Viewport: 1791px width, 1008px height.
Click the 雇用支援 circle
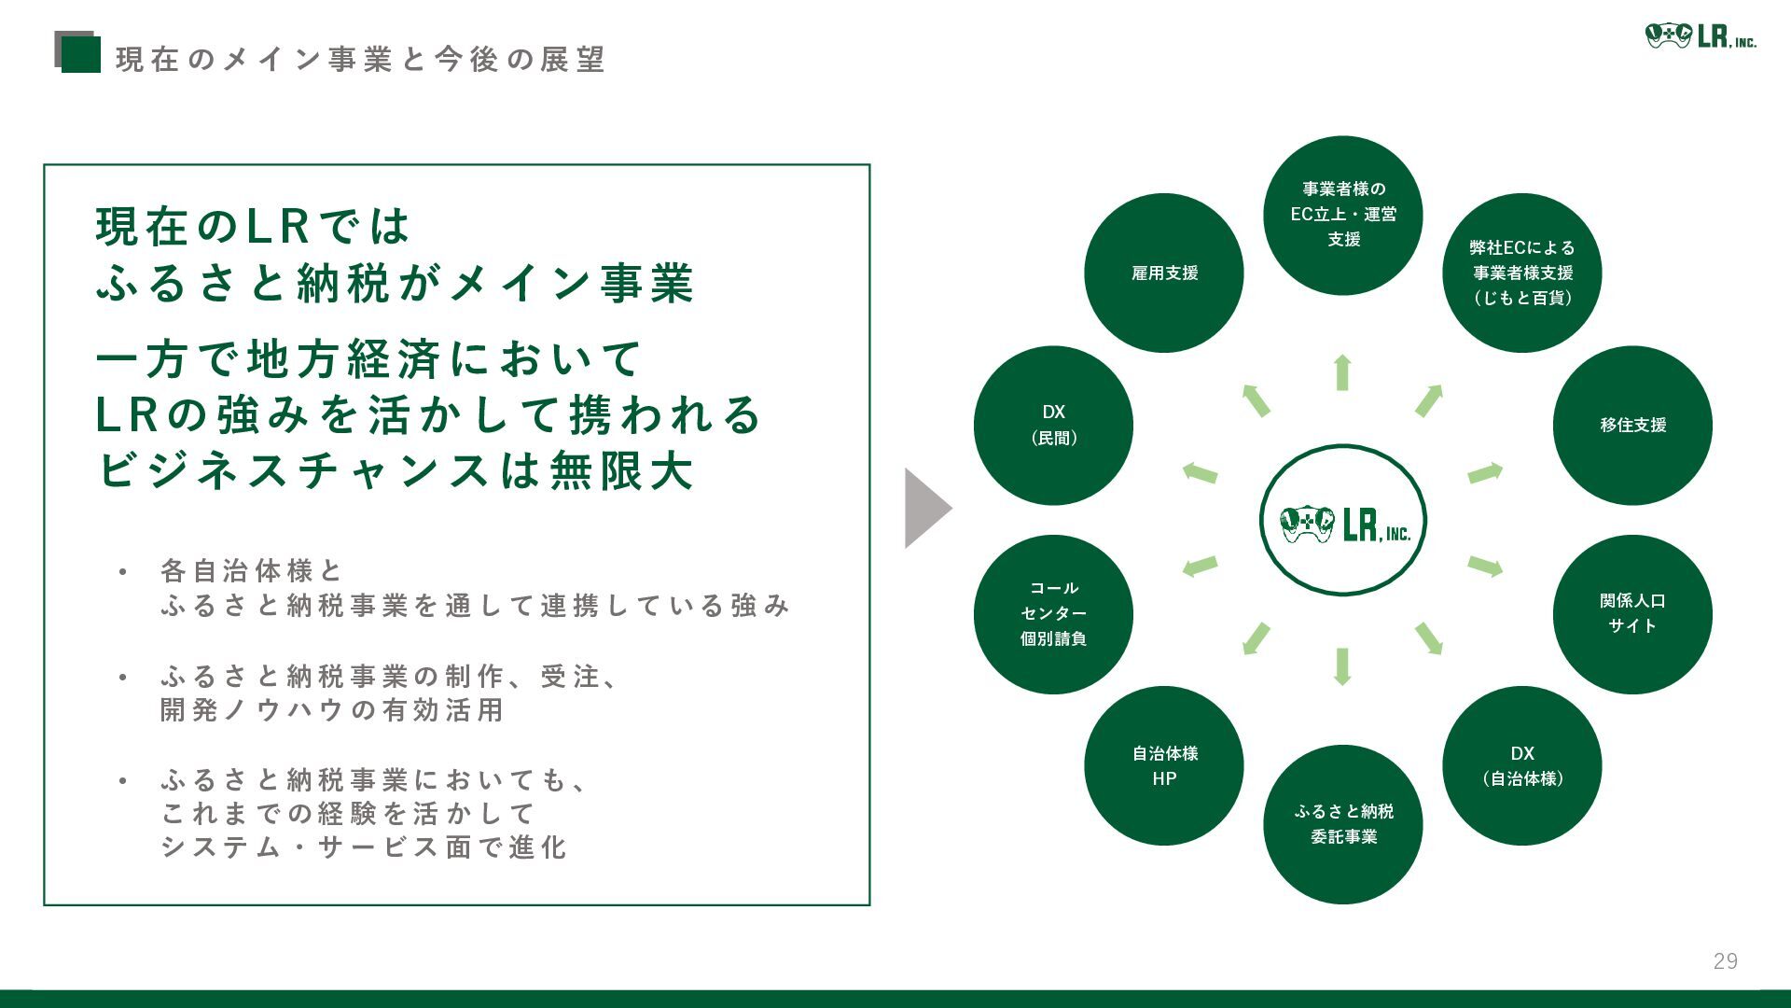click(1164, 273)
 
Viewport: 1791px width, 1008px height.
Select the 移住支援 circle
click(1632, 425)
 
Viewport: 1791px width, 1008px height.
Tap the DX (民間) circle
click(1053, 425)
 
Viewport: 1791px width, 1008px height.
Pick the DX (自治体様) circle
click(1521, 765)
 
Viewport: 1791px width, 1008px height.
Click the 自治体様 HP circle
click(1164, 765)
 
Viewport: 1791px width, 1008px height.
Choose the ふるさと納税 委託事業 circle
click(1343, 824)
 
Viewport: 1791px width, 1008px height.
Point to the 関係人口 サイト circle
click(1632, 614)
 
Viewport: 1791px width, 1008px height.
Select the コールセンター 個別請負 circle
click(1053, 614)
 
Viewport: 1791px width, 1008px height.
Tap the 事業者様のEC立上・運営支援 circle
click(1343, 215)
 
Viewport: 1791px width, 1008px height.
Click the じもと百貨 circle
click(1521, 273)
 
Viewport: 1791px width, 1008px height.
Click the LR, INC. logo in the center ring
click(1343, 521)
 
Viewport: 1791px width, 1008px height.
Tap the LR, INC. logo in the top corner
click(1700, 36)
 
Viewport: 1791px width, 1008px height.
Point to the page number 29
click(1725, 961)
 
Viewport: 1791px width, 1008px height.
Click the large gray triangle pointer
click(925, 508)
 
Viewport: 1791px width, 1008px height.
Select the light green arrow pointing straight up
click(1342, 372)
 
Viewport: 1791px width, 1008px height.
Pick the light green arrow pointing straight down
click(1342, 666)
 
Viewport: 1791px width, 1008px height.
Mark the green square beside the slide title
click(79, 53)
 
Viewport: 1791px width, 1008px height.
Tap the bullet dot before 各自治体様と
click(122, 571)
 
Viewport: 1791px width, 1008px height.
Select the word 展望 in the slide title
click(573, 60)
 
